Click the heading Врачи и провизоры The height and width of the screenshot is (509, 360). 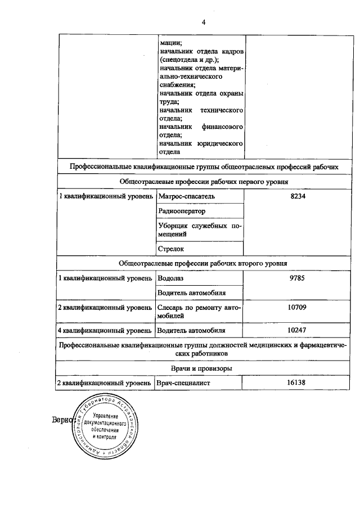click(x=203, y=368)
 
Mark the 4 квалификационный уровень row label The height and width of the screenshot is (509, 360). click(x=105, y=330)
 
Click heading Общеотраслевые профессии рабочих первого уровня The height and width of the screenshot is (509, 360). click(x=203, y=182)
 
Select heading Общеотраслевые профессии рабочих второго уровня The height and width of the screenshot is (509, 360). click(x=203, y=263)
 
